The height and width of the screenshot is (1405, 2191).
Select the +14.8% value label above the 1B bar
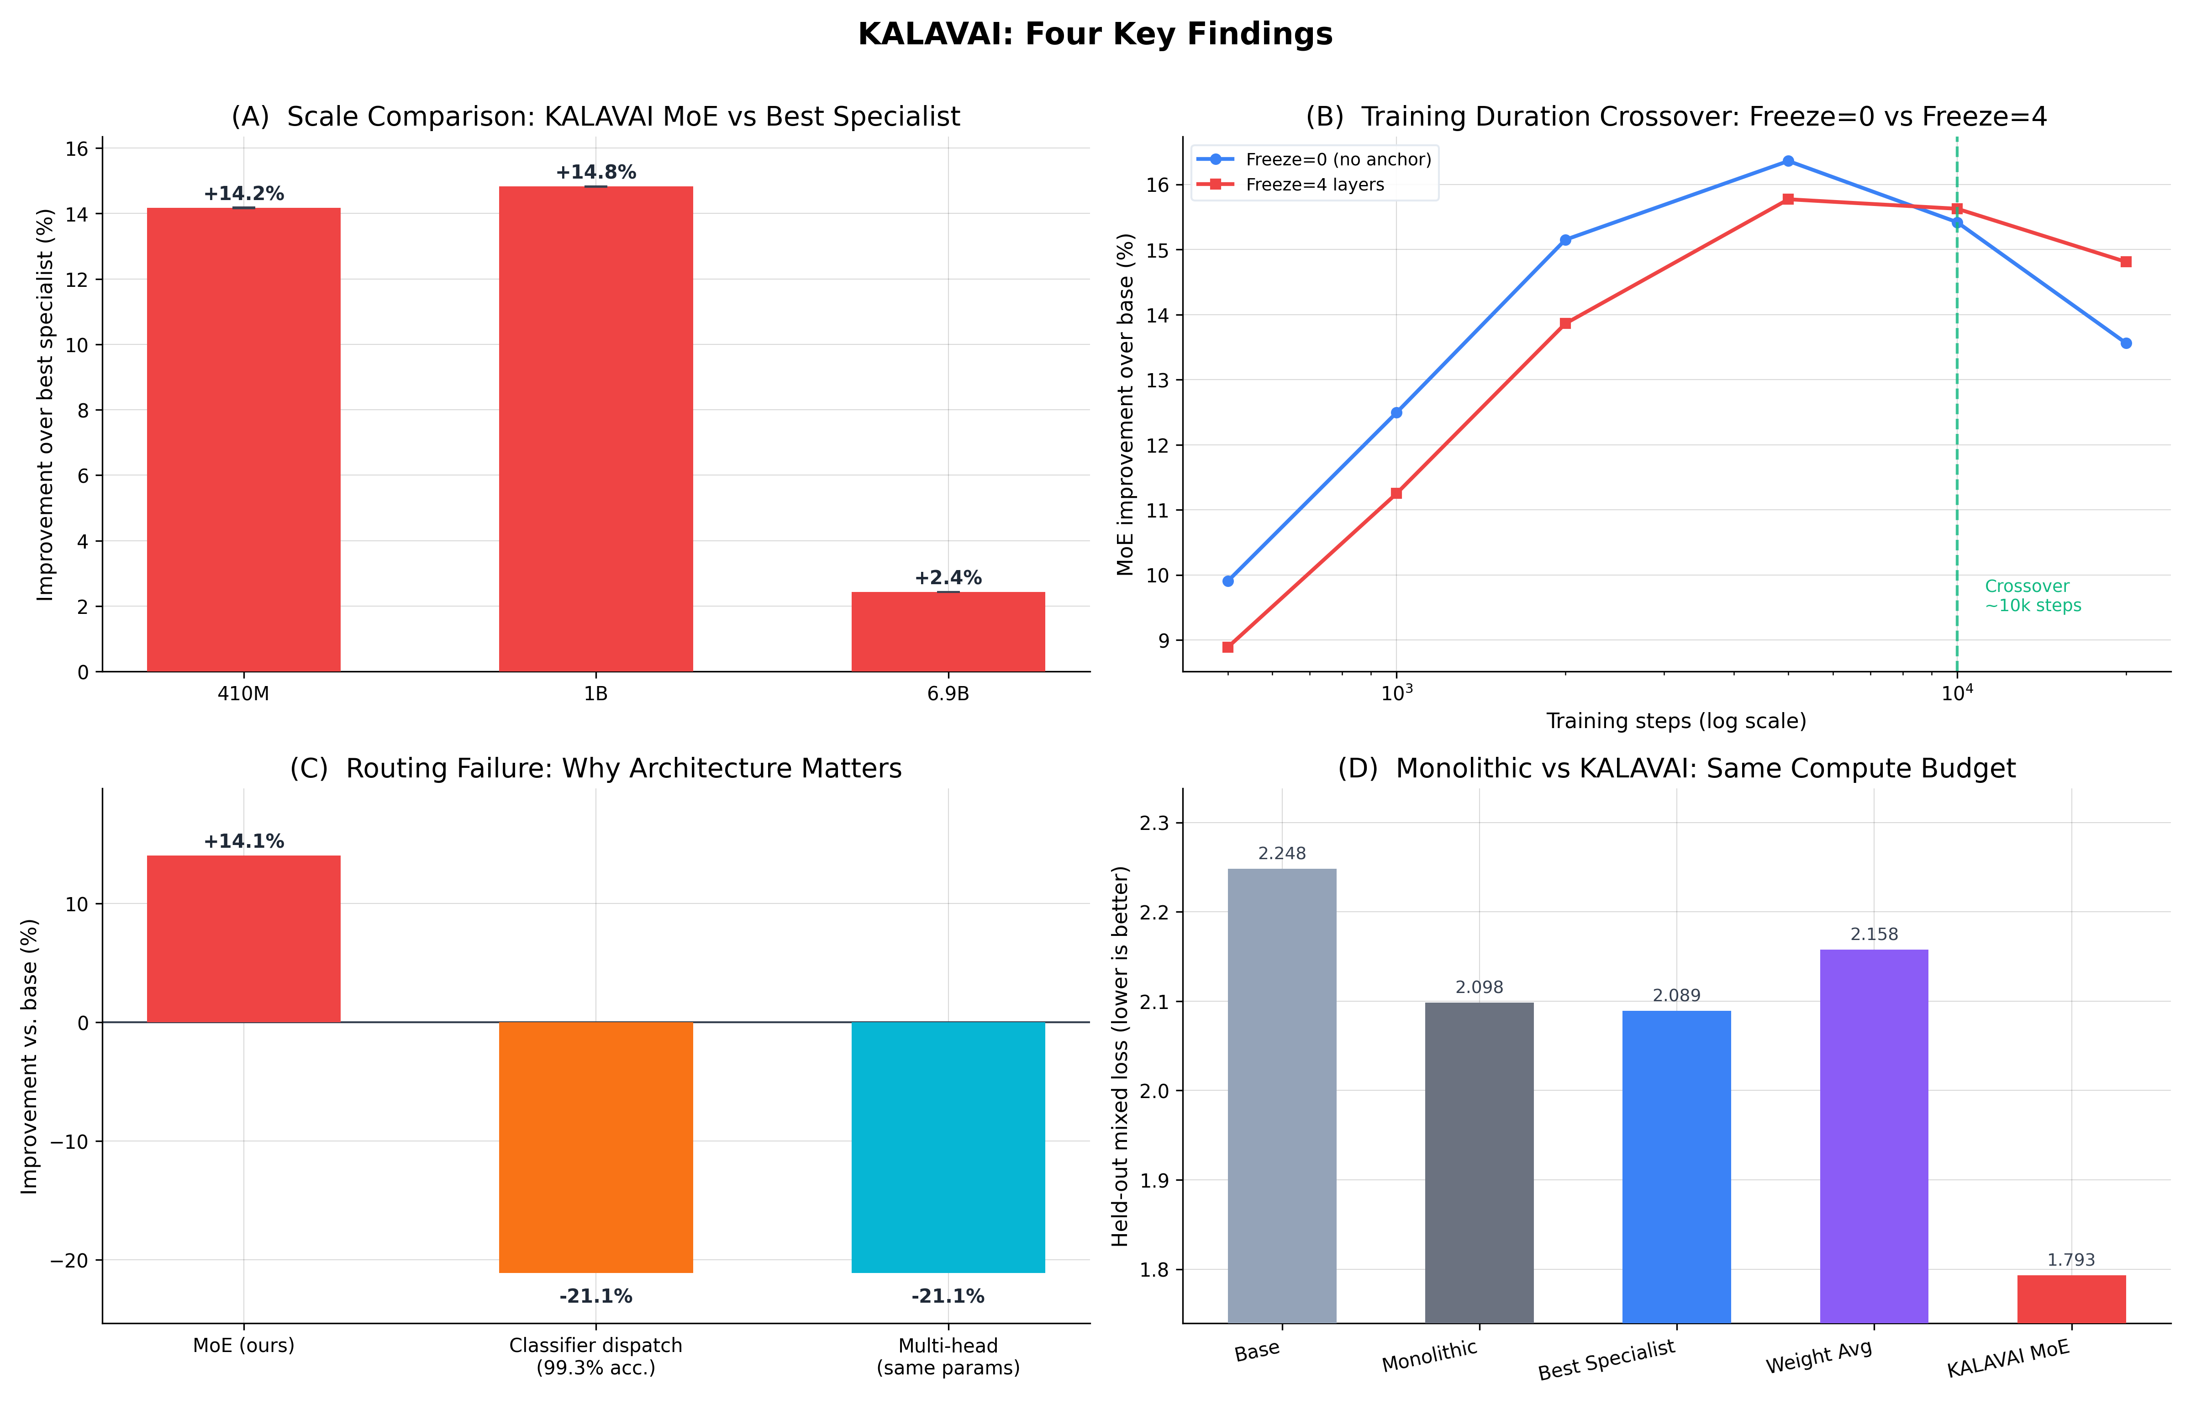point(595,173)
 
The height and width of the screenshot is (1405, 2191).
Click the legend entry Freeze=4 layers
point(1314,185)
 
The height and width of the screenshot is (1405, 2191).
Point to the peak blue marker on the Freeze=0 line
point(1788,162)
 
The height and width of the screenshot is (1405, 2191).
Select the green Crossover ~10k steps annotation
point(2032,596)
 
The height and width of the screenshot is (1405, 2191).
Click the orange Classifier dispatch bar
point(595,1147)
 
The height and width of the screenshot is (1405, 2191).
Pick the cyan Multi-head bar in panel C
point(948,1147)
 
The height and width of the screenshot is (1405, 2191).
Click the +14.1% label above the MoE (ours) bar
point(243,841)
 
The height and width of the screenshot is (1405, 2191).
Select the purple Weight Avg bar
point(1874,1136)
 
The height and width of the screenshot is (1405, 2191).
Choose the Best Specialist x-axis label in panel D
point(1606,1359)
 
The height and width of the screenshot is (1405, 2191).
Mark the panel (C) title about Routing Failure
point(595,768)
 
